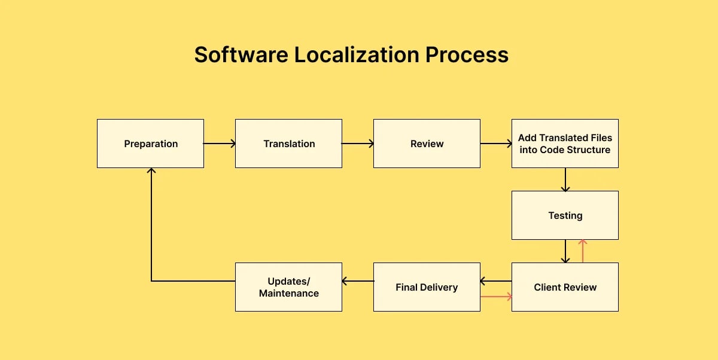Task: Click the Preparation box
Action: [150, 144]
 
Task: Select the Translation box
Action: [288, 144]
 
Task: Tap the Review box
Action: [427, 144]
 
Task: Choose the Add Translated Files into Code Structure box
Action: [565, 144]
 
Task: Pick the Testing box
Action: [565, 215]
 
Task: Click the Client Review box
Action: [565, 287]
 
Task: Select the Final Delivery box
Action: [427, 287]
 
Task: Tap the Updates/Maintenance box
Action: [288, 287]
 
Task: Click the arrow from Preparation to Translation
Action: [220, 144]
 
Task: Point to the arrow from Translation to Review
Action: [358, 144]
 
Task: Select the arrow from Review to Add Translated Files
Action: [496, 144]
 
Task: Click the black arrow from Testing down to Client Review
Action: [565, 251]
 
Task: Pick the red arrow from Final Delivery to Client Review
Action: [496, 296]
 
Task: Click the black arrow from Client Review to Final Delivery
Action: [496, 281]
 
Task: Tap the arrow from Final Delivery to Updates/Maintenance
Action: [358, 281]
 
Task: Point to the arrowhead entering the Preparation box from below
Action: [151, 172]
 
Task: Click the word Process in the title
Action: [467, 54]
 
